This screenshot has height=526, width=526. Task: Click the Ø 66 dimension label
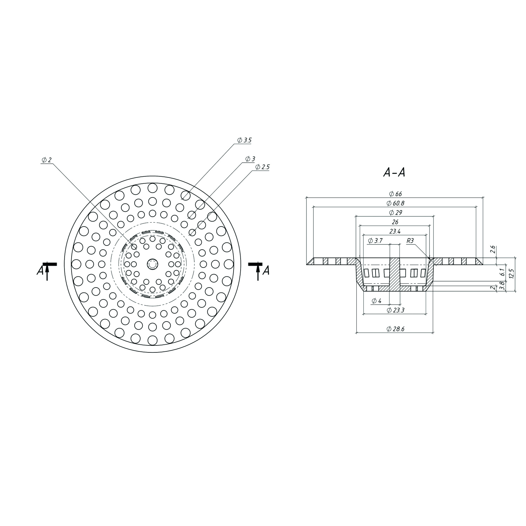(x=394, y=194)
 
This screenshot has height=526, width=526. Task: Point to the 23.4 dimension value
(x=394, y=231)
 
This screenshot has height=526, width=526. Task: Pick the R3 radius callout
(x=410, y=241)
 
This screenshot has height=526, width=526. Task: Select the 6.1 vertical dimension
(x=502, y=272)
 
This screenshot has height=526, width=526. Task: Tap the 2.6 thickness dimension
(x=493, y=249)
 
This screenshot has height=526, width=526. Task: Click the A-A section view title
(x=394, y=173)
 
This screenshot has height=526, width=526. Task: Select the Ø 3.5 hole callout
(x=245, y=140)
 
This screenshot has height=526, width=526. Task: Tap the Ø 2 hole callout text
(x=47, y=160)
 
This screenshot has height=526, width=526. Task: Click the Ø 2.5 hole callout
(x=263, y=167)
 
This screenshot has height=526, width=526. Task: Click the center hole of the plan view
(x=153, y=264)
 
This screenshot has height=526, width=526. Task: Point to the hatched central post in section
(x=395, y=274)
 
